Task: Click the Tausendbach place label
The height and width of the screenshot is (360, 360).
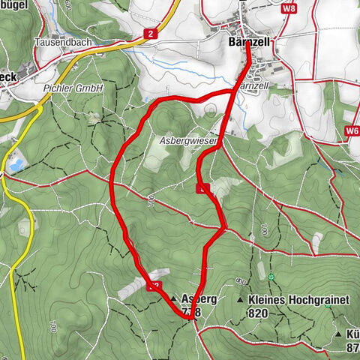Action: tap(62, 42)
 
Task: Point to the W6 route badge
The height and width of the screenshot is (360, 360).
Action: tap(352, 130)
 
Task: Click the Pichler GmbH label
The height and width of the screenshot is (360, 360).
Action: tap(73, 88)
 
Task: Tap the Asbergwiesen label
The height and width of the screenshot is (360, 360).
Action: tap(188, 140)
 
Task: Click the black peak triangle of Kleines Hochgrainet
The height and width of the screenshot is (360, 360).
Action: tap(241, 299)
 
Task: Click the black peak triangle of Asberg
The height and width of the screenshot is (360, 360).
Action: tap(175, 298)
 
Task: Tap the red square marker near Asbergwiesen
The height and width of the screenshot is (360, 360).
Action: tap(201, 189)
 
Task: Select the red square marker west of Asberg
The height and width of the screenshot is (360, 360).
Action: tap(155, 284)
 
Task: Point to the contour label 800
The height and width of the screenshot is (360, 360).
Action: tap(240, 280)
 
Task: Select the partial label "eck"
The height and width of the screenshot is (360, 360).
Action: tap(7, 76)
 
